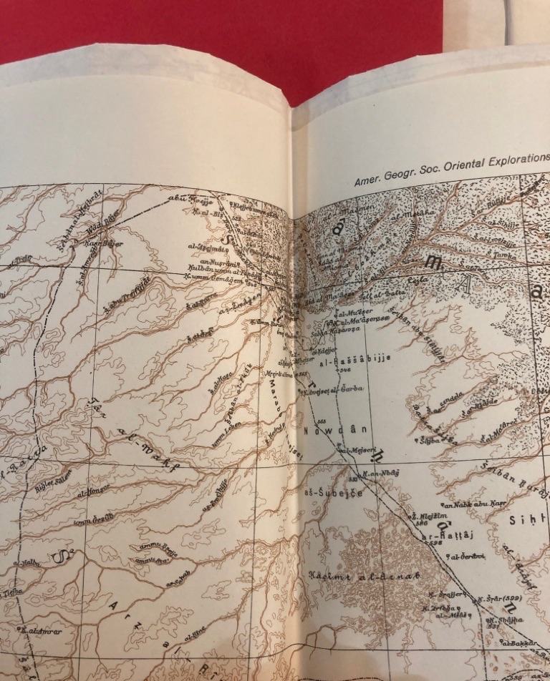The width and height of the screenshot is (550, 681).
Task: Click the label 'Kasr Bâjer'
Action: [106, 244]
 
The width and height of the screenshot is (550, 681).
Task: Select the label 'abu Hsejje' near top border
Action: [191, 202]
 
